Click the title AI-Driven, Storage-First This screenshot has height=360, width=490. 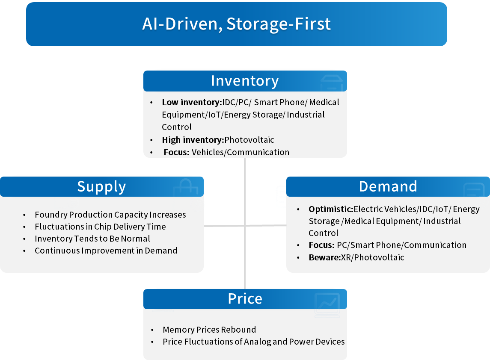point(236,24)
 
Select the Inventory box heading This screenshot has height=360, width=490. point(245,81)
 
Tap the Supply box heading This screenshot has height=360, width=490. point(101,187)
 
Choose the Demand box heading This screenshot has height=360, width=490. point(388,186)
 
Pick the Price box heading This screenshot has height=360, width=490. point(245,299)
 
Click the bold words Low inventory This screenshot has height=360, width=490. point(190,103)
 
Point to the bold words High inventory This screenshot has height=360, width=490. point(192,140)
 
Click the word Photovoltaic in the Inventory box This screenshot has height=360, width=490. point(249,140)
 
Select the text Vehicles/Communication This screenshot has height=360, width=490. point(241,152)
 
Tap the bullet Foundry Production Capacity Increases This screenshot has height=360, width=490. point(110,215)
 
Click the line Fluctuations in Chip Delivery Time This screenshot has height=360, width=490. point(100,227)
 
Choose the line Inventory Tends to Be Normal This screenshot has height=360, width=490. point(92,239)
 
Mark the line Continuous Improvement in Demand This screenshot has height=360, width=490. point(106,251)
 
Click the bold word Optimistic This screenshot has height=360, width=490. point(330,210)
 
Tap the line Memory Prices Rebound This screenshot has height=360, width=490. point(209,330)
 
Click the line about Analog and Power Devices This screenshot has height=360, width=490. point(253,342)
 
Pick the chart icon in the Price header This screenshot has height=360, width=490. point(327,302)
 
